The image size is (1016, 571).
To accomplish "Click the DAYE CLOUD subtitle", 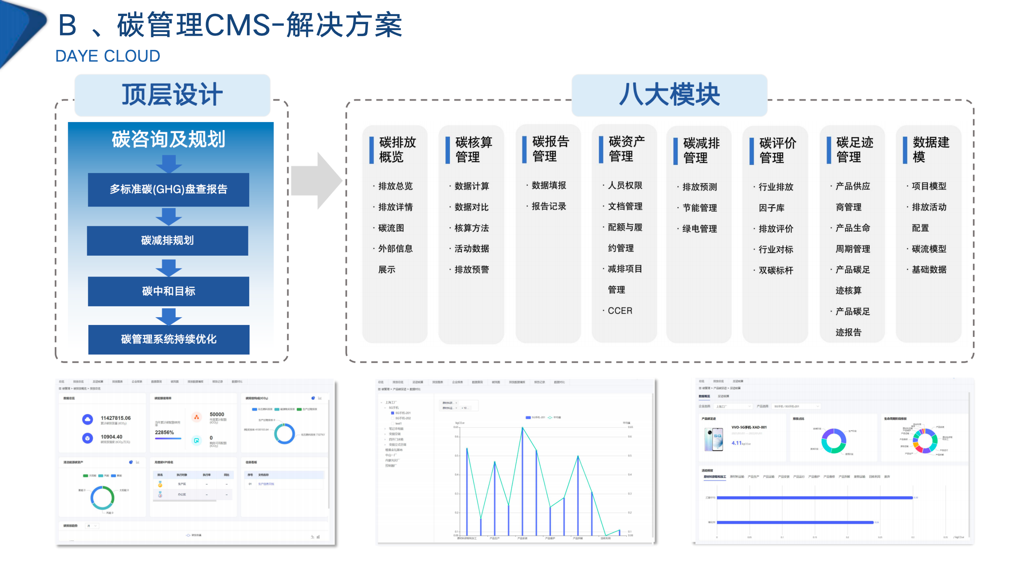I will click(x=107, y=56).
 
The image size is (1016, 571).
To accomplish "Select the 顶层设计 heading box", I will click(x=172, y=95).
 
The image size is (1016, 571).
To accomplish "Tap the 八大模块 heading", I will click(x=669, y=95).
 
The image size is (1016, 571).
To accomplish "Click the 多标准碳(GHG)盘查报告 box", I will click(x=168, y=189).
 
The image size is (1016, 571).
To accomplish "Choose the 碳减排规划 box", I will click(x=167, y=240).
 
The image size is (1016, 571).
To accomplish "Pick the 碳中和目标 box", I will click(x=168, y=291).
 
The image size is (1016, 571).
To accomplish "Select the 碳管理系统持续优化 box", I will click(x=168, y=339).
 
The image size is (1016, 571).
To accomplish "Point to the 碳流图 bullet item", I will click(x=390, y=228).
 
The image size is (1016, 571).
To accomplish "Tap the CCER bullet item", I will click(x=620, y=310).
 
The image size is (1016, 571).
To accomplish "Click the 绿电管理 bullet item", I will click(x=699, y=229).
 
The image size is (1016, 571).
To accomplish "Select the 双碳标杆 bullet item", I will click(x=775, y=270).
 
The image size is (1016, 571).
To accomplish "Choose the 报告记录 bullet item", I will click(x=548, y=206).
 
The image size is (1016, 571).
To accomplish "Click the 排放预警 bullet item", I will click(x=472, y=269).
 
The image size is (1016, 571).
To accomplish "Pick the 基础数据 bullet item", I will click(x=928, y=269).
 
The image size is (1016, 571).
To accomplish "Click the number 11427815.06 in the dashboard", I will click(x=115, y=418).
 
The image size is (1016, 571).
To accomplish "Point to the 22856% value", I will click(x=164, y=432).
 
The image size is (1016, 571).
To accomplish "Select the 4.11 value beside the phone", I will click(x=736, y=443).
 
